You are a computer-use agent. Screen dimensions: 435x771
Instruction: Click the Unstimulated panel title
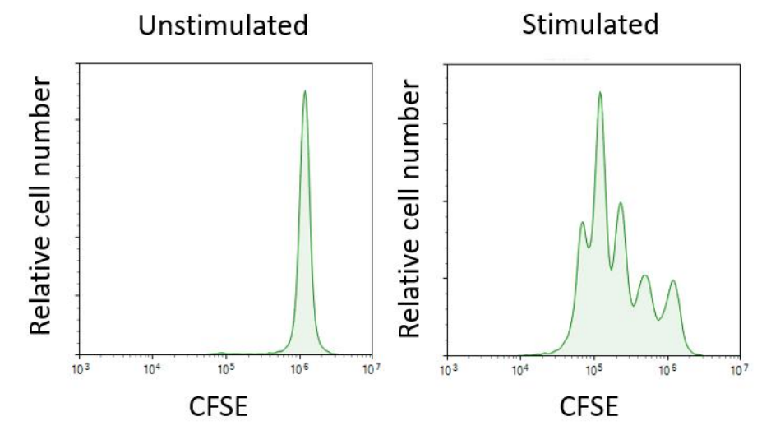223,26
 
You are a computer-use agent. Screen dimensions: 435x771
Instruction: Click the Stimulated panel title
591,25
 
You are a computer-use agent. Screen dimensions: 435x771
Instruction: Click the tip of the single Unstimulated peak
305,91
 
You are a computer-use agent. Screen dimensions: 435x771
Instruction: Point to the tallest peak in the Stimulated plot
600,92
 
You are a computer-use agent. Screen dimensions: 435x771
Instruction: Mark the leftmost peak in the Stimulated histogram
582,222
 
